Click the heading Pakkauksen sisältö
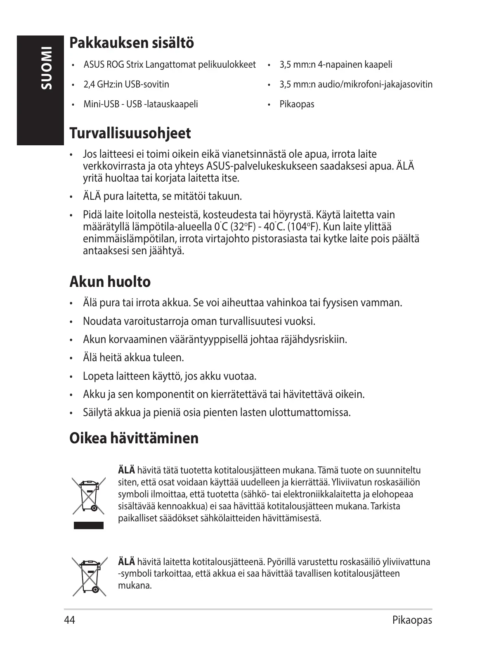(131, 43)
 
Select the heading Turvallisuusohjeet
(130, 133)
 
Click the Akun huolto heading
(110, 282)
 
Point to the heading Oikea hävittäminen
(134, 438)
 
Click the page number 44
(70, 620)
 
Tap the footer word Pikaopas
(412, 620)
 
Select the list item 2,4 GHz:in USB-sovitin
(126, 85)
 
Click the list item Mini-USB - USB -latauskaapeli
(141, 104)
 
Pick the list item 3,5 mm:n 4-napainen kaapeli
(335, 65)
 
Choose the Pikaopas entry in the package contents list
(297, 104)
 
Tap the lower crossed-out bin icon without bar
(89, 576)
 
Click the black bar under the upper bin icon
(88, 525)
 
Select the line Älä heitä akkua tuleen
(133, 357)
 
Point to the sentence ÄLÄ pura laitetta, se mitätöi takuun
(162, 196)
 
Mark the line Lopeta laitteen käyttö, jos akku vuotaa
(170, 376)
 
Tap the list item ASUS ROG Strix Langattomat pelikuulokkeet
(170, 65)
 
